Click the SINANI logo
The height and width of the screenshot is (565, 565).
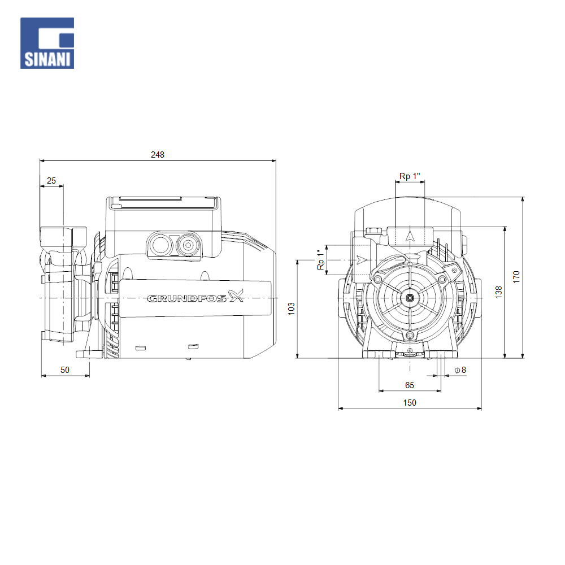[47, 43]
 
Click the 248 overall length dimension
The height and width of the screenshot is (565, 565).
[158, 155]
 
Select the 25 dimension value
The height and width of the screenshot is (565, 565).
[51, 181]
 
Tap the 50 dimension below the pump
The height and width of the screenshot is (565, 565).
[65, 370]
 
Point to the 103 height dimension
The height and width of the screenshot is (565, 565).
[291, 308]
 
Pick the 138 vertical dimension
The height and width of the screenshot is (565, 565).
[498, 292]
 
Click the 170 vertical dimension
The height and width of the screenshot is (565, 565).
[516, 277]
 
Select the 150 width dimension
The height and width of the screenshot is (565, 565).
[410, 402]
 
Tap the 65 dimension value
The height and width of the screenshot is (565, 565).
[410, 385]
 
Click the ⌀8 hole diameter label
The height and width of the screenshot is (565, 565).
[460, 370]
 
